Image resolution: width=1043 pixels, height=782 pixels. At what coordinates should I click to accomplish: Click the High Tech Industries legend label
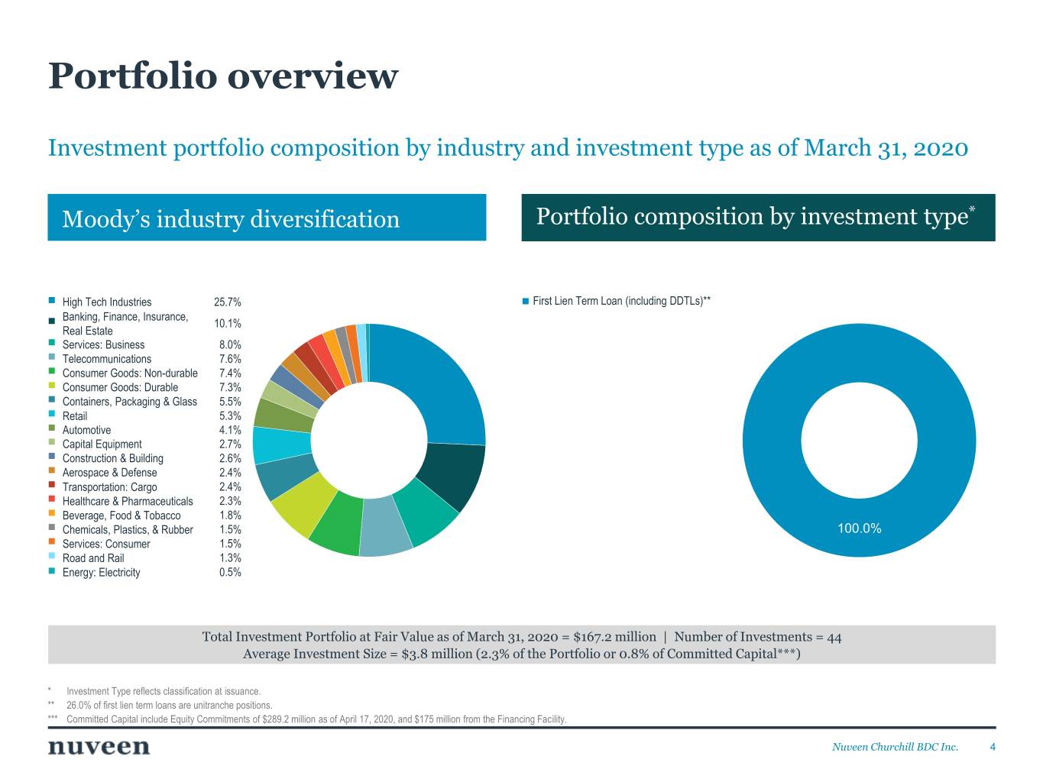(x=107, y=302)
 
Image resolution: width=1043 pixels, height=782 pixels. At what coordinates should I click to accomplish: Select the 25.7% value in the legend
(x=227, y=302)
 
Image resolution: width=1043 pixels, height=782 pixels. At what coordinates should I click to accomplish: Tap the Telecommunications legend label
(x=107, y=359)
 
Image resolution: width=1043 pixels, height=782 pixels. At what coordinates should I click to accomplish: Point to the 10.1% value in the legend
(x=227, y=324)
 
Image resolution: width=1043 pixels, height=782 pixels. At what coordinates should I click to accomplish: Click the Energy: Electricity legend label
(x=102, y=573)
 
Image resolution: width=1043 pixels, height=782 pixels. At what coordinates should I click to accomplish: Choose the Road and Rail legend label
(x=93, y=558)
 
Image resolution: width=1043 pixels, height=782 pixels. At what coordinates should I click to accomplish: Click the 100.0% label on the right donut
(x=860, y=528)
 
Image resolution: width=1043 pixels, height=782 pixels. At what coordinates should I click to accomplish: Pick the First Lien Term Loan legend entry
(x=621, y=301)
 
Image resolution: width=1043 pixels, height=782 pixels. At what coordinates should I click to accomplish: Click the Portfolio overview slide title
(x=223, y=76)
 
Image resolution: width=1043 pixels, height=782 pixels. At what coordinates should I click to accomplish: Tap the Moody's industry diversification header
(x=231, y=219)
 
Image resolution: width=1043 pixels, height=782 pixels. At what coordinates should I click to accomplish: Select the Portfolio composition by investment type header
(x=753, y=217)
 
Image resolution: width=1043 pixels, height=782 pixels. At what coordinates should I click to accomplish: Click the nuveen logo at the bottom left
(x=99, y=747)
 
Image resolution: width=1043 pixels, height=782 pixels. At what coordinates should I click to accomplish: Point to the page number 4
(x=993, y=747)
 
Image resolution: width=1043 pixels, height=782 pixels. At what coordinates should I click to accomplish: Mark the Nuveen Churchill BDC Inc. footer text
(x=895, y=747)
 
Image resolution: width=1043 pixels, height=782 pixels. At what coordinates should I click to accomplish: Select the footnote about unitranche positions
(x=169, y=705)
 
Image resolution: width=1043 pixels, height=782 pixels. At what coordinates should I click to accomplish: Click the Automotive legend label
(x=86, y=431)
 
